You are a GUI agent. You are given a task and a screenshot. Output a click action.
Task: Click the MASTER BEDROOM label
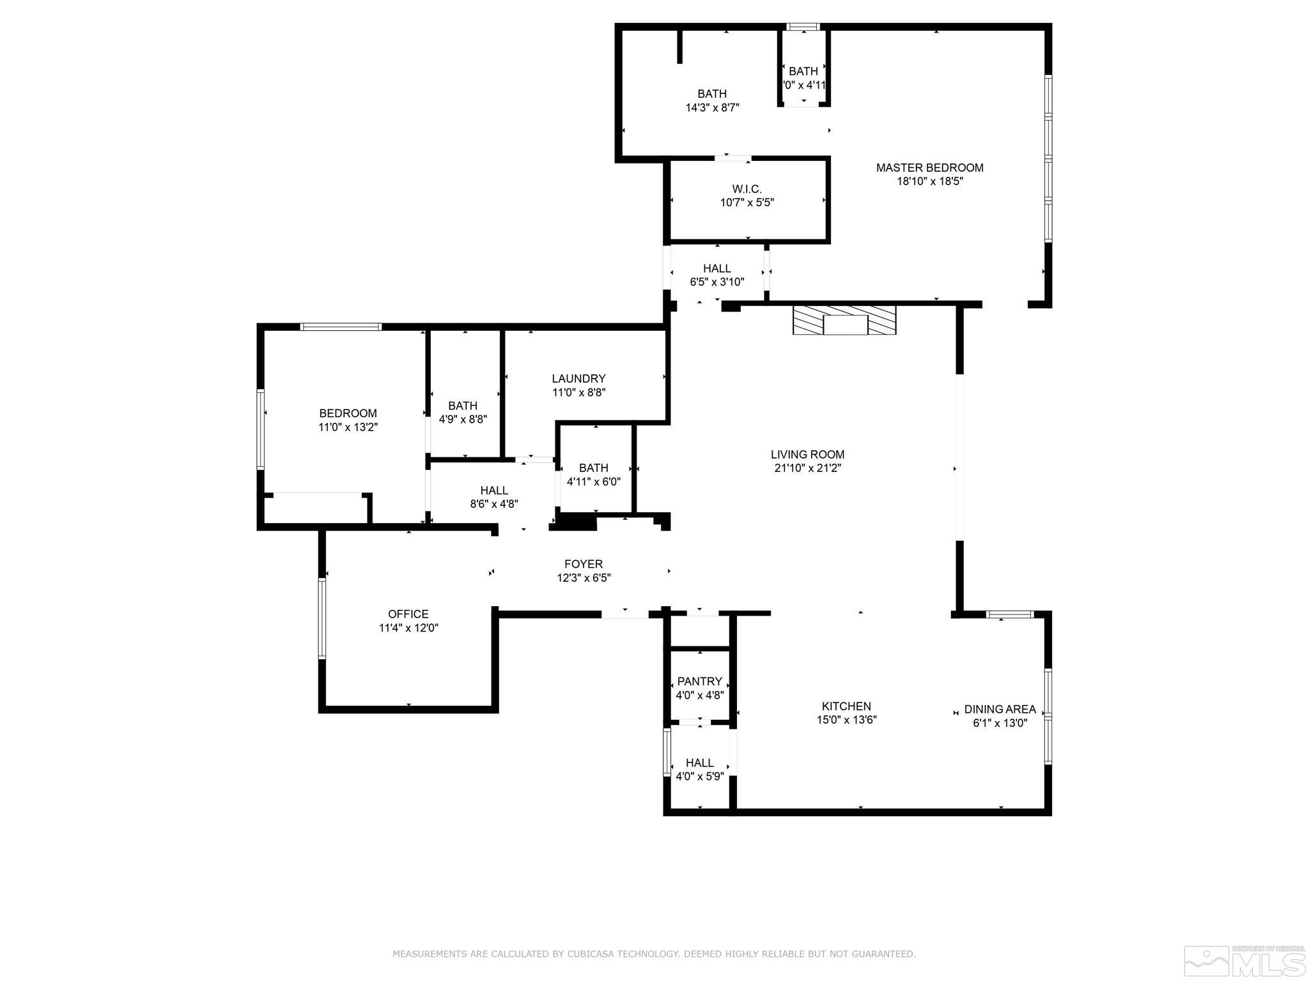929,168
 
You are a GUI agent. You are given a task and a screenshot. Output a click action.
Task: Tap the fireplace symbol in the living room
844,320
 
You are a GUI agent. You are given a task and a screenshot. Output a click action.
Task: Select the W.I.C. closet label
747,190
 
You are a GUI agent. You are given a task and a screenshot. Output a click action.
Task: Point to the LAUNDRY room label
578,379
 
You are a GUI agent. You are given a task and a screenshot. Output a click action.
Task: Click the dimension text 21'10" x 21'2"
807,468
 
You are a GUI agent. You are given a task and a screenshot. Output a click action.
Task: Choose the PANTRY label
699,681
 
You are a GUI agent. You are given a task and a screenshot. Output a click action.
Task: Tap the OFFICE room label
408,614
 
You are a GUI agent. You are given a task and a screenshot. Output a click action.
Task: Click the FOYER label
583,564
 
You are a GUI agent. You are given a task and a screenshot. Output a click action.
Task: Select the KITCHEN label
846,706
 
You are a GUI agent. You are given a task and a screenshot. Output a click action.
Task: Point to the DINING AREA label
1000,709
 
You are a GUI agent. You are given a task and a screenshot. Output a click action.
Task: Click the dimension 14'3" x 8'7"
712,108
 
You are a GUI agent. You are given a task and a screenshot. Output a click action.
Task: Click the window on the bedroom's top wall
341,327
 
